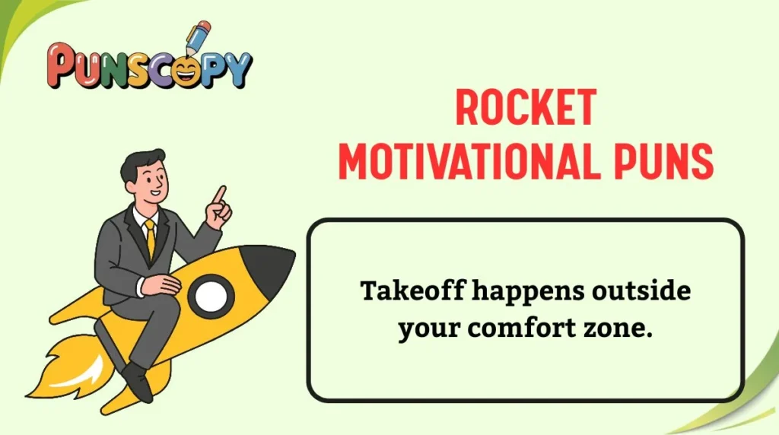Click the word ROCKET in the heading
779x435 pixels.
tap(525, 108)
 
